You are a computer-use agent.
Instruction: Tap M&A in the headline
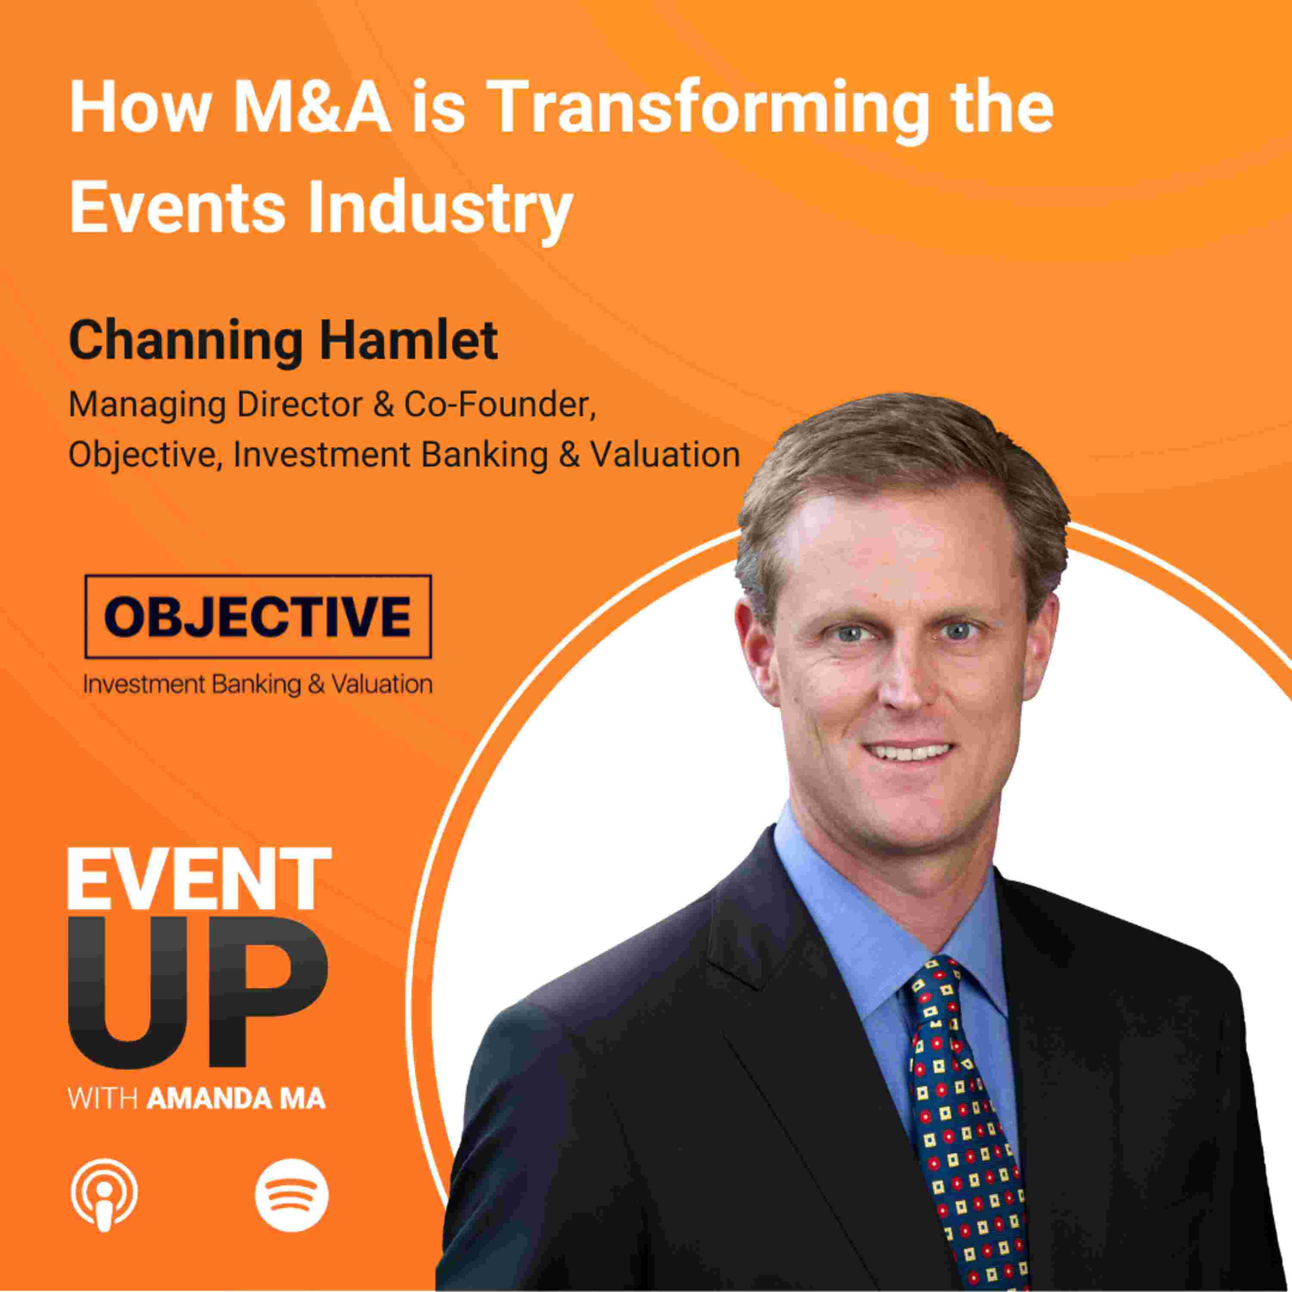pos(312,107)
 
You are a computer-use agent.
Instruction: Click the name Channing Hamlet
pos(283,341)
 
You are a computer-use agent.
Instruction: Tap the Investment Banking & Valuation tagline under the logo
pos(258,684)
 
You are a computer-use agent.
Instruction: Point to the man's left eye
pos(958,630)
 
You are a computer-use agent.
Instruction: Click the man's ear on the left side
pos(756,652)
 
